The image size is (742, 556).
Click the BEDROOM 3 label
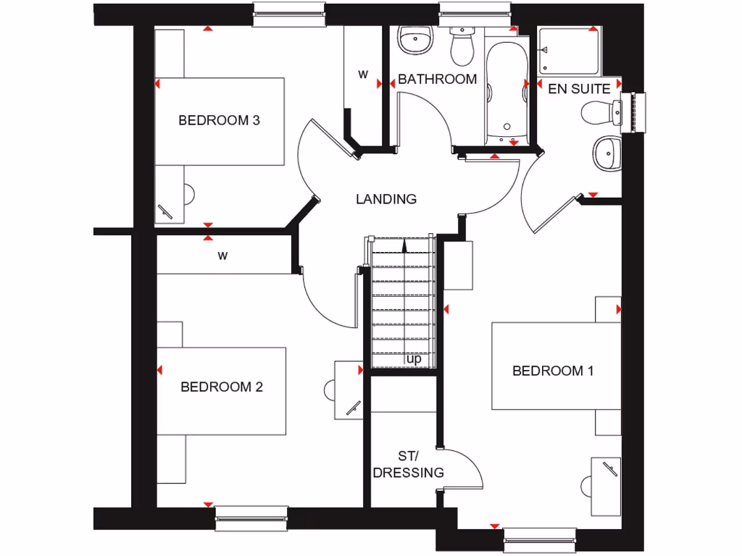pyautogui.click(x=219, y=120)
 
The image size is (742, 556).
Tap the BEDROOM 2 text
pyautogui.click(x=222, y=387)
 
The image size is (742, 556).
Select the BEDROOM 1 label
pyautogui.click(x=553, y=371)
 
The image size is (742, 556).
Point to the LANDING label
pyautogui.click(x=386, y=199)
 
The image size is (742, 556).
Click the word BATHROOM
pyautogui.click(x=438, y=79)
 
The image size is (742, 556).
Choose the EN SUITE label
pyautogui.click(x=579, y=90)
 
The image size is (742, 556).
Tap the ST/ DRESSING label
pyautogui.click(x=408, y=465)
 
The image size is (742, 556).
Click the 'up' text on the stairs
pyautogui.click(x=414, y=358)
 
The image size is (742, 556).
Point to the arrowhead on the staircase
pyautogui.click(x=404, y=247)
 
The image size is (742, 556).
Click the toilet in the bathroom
pyautogui.click(x=461, y=46)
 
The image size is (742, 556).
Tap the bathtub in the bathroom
pyautogui.click(x=505, y=91)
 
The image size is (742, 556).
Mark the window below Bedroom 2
pyautogui.click(x=251, y=517)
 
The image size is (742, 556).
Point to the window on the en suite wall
pyautogui.click(x=638, y=112)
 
